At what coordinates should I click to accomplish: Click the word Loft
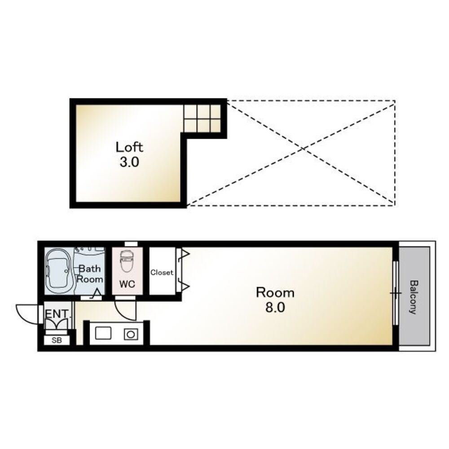point(129,147)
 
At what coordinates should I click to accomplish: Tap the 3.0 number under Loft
point(129,163)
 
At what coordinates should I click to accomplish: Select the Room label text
point(275,293)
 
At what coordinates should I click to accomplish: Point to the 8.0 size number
point(275,308)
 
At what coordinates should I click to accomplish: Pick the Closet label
point(162,273)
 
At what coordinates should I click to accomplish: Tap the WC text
point(127,284)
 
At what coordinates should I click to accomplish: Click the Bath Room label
point(90,274)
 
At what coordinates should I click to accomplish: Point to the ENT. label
point(57,314)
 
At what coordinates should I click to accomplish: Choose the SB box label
point(57,340)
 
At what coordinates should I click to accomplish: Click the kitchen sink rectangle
point(103,334)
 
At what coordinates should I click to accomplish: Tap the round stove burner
point(131,334)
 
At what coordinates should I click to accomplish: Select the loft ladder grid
point(202,119)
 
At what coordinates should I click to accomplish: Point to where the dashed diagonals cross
point(304,148)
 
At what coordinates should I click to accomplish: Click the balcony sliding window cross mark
point(396,293)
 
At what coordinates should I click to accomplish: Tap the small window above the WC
point(131,244)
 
